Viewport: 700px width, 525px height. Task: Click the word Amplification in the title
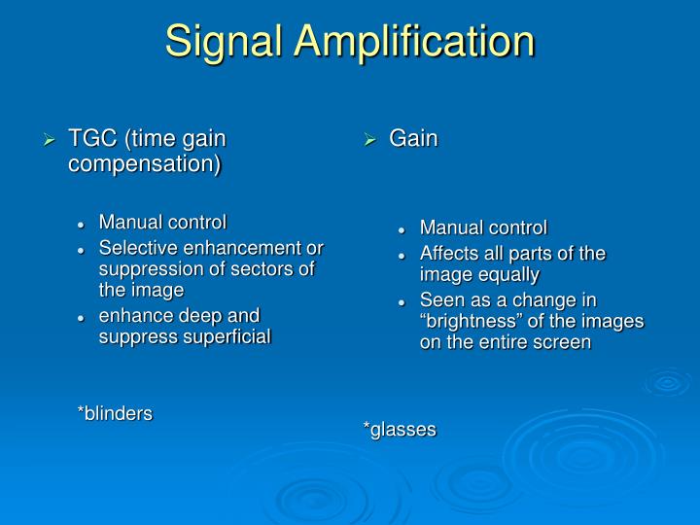click(x=420, y=42)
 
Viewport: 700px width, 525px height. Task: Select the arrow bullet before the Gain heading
click(x=370, y=140)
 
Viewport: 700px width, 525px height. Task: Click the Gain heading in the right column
click(x=413, y=139)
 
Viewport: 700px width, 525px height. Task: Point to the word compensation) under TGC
click(x=144, y=163)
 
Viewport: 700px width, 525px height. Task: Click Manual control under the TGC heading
click(x=162, y=222)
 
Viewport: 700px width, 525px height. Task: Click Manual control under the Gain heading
click(x=483, y=227)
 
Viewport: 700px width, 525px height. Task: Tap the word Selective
click(x=134, y=248)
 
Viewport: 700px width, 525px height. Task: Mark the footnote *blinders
click(x=115, y=413)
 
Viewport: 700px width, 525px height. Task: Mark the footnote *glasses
click(x=400, y=429)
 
